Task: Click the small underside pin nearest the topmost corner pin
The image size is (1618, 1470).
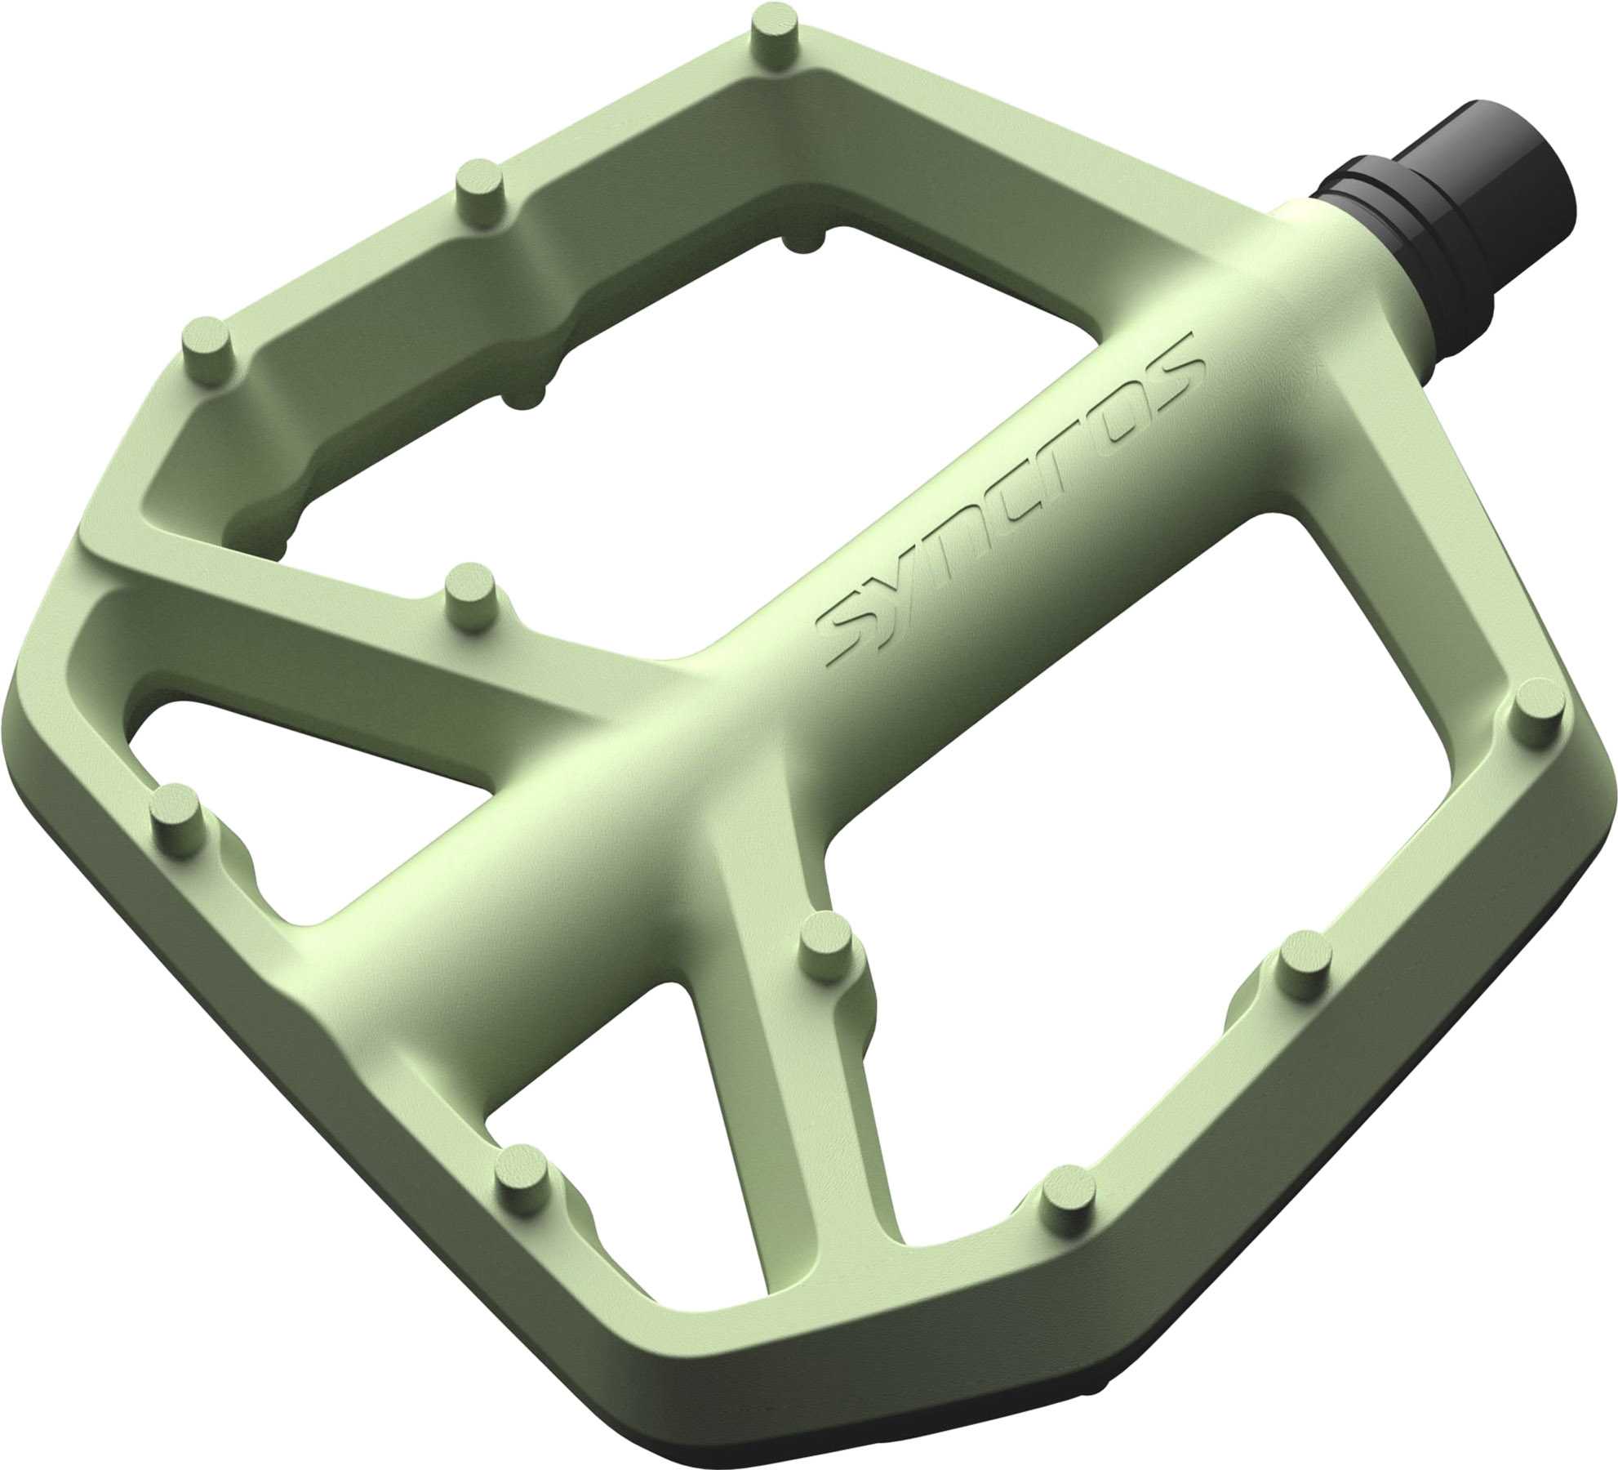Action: [808, 238]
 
